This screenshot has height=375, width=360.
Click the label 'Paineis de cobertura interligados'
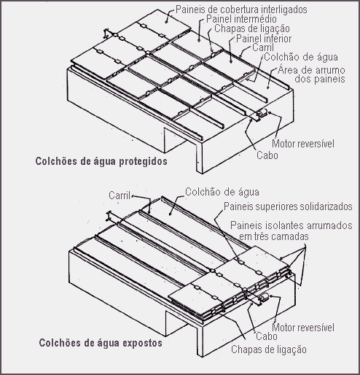pos(241,9)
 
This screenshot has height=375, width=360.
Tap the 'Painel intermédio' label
pos(241,19)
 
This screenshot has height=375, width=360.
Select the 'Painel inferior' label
pos(264,39)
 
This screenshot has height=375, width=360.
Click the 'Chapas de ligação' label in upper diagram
pos(252,28)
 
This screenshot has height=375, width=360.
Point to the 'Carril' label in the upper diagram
pos(263,47)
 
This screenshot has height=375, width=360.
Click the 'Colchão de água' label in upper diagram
pos(301,57)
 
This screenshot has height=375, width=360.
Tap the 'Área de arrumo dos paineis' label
pos(311,74)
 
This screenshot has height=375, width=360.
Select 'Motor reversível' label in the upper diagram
pos(303,144)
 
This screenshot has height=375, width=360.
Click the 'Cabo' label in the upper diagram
pos(267,155)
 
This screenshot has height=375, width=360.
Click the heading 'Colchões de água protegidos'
pos(101,161)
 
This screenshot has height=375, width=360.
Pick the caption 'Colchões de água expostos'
pos(101,343)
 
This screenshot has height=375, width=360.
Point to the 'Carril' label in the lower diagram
pos(120,196)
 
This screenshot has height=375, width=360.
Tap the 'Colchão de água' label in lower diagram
pos(222,192)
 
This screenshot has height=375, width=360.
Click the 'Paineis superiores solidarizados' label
pos(288,206)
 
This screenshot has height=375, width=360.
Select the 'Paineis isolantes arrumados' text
pos(291,225)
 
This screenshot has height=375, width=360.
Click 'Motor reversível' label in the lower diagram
pos(303,328)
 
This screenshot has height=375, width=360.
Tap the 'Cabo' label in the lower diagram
pos(267,336)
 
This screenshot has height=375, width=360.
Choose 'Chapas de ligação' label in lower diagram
pos(269,349)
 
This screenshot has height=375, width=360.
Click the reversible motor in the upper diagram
pos(261,114)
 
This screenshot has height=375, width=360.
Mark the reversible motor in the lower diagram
pos(262,298)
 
